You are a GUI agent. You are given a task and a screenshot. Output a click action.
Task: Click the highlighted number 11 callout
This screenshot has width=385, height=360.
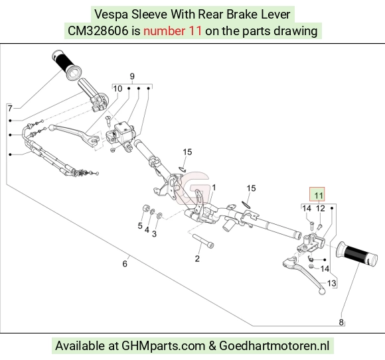tap(319, 196)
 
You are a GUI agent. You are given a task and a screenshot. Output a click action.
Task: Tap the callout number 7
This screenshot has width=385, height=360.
tap(10, 108)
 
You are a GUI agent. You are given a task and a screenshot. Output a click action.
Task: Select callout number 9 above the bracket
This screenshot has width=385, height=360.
tap(132, 76)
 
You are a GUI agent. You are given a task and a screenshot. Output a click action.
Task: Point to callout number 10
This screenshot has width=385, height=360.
tap(117, 89)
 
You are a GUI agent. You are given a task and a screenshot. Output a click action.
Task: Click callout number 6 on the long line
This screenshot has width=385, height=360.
tap(125, 264)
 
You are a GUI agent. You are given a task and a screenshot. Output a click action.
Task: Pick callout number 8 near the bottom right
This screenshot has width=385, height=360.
tap(341, 322)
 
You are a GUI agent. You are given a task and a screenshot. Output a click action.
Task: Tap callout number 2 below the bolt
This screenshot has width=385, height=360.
tap(197, 259)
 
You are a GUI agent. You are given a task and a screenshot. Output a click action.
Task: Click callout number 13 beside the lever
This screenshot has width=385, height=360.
tap(331, 284)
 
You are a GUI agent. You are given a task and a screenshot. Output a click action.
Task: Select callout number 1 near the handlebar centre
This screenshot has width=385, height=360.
tap(214, 188)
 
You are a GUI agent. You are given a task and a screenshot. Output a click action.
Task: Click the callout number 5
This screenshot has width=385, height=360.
tap(140, 225)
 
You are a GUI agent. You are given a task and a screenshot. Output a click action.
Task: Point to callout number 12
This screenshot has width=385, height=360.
tap(320, 208)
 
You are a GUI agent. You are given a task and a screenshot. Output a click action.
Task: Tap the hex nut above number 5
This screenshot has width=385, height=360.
tap(146, 208)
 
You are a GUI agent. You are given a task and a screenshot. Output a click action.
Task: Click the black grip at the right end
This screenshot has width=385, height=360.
tap(356, 254)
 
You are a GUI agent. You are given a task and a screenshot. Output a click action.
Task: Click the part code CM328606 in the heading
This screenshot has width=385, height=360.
tap(98, 31)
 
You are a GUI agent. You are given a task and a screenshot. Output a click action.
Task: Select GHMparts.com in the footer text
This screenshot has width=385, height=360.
tap(163, 346)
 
